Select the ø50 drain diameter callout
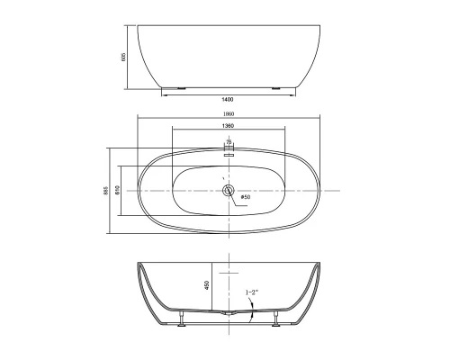pyautogui.click(x=246, y=198)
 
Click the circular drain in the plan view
pyautogui.click(x=229, y=191)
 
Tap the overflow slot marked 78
pyautogui.click(x=229, y=153)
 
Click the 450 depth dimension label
pyautogui.click(x=208, y=283)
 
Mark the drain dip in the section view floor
pyautogui.click(x=229, y=314)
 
